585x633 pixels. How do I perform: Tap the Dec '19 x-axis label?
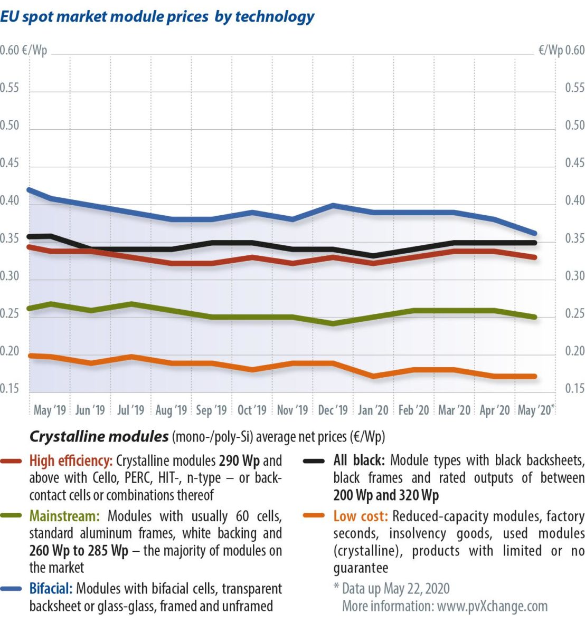coord(333,410)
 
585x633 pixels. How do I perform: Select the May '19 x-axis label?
coord(50,410)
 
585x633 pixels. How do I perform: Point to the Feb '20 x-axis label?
coord(413,410)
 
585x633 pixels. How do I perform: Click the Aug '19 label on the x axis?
coord(172,410)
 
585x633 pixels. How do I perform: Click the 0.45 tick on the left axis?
coord(10,163)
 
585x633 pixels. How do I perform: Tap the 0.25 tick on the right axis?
coord(574,314)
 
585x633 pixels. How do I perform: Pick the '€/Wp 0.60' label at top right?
coord(561,50)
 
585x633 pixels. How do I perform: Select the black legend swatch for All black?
coord(315,461)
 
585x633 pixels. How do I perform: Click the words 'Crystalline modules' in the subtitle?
coord(99,437)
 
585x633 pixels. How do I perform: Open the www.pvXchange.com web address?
coord(492,606)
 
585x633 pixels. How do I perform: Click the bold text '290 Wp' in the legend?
coord(239,461)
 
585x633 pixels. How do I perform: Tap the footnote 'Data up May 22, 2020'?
coord(395,588)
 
